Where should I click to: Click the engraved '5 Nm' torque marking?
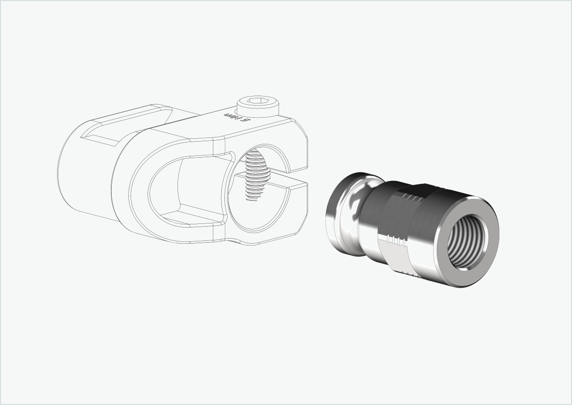[x=236, y=117]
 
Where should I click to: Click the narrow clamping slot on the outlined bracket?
[x=285, y=178]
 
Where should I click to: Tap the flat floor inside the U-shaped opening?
[x=193, y=216]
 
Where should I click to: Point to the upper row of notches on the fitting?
[x=411, y=198]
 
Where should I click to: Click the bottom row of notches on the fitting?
[x=406, y=273]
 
